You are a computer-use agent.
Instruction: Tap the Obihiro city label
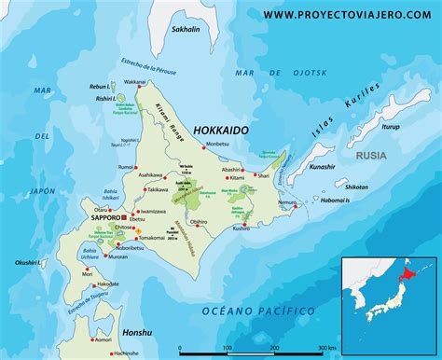click(198, 222)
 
